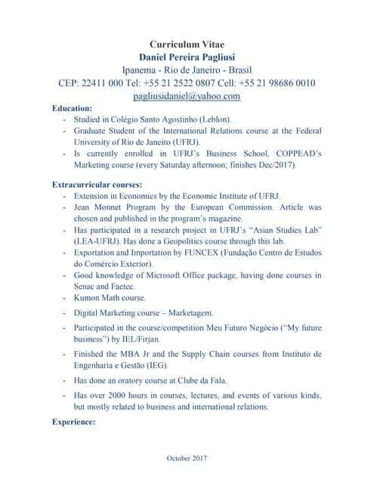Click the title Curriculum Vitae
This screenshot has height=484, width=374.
187,45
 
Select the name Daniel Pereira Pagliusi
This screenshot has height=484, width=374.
187,57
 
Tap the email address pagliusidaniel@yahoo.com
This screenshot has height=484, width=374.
187,96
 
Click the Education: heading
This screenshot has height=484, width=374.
73,109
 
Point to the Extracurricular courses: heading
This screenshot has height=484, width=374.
97,185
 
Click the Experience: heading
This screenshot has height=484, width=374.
74,422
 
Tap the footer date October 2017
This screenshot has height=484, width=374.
187,458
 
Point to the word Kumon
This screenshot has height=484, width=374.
88,298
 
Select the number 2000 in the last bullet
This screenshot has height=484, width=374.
122,395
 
